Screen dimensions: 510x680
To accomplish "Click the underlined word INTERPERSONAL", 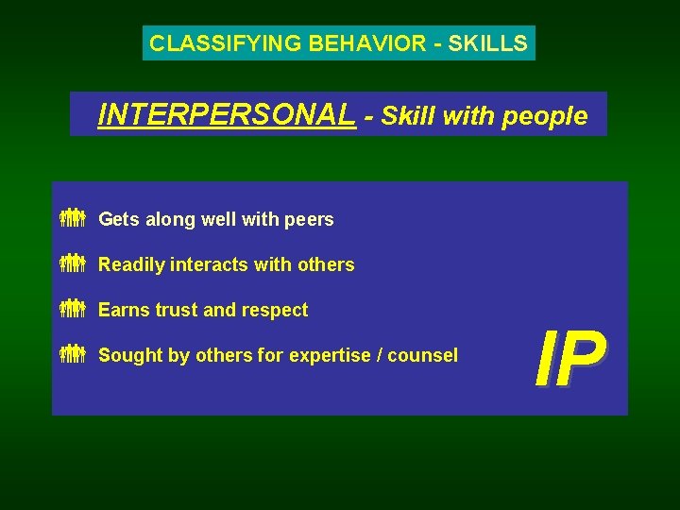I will pyautogui.click(x=227, y=115).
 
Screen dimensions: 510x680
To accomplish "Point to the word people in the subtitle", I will pyautogui.click(x=545, y=116).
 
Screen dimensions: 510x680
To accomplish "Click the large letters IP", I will pyautogui.click(x=569, y=361).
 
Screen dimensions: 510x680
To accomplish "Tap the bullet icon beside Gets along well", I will pyautogui.click(x=73, y=219).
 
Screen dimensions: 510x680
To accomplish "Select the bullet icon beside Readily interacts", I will pyautogui.click(x=73, y=264).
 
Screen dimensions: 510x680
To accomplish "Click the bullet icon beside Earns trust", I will pyautogui.click(x=73, y=310).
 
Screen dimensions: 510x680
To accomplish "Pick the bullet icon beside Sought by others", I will pyautogui.click(x=73, y=355).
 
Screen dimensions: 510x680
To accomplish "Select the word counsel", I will pyautogui.click(x=422, y=355).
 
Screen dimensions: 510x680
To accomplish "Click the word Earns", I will pyautogui.click(x=122, y=310).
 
